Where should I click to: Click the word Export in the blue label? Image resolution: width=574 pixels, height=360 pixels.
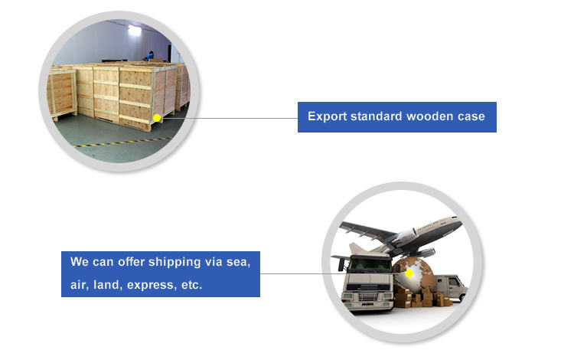[x=325, y=117]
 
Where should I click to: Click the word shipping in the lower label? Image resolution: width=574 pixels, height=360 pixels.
[x=166, y=262]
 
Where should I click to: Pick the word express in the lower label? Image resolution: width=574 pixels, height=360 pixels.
[x=151, y=286]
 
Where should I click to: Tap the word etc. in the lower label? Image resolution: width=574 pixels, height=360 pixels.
[x=190, y=286]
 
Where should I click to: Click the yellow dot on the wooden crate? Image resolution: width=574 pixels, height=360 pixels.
[x=156, y=118]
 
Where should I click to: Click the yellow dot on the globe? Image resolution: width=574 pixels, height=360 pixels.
[x=409, y=273]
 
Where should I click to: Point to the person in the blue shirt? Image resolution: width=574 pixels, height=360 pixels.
[x=149, y=54]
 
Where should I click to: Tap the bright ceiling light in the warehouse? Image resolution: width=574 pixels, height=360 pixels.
[x=135, y=31]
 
